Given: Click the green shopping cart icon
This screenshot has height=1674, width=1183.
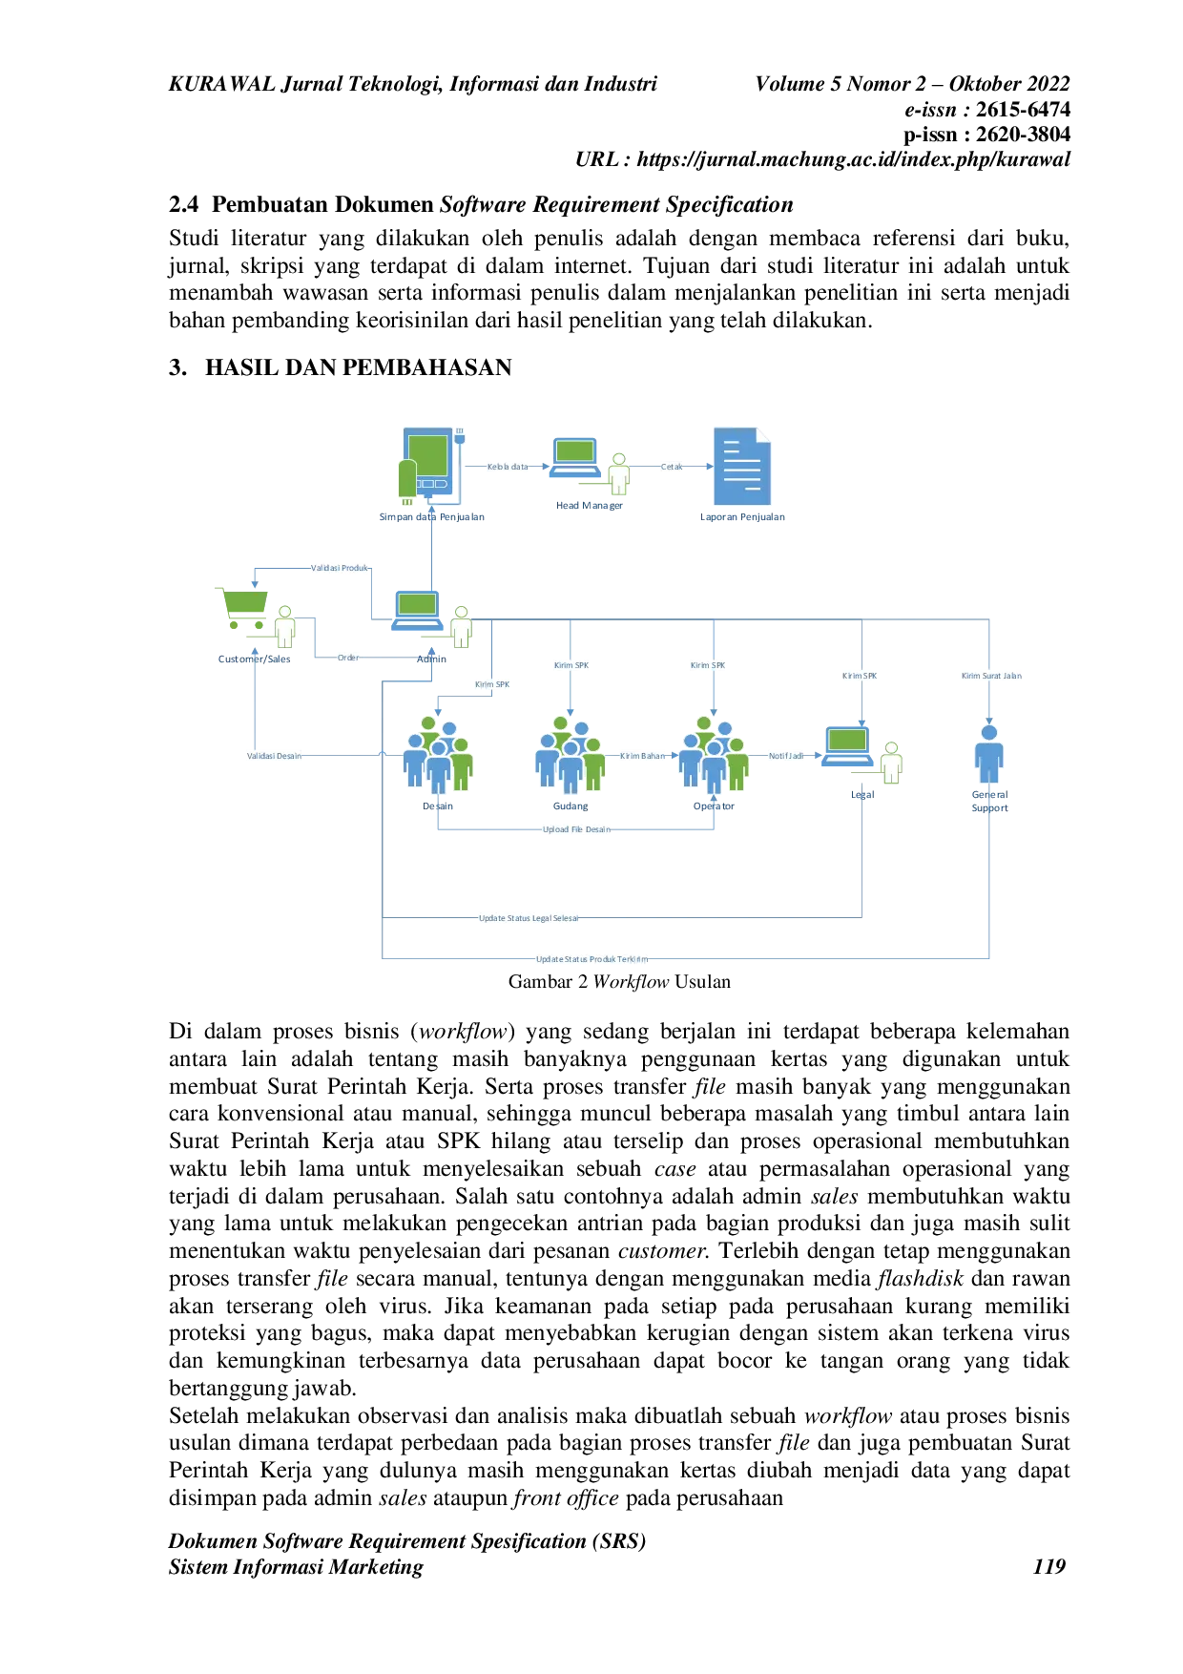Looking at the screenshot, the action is [x=244, y=609].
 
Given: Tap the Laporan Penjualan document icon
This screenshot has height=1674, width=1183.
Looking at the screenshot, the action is [x=742, y=466].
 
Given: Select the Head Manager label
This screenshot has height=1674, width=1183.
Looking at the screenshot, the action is [x=590, y=506].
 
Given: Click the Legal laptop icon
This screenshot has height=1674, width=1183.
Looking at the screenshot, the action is [x=847, y=746].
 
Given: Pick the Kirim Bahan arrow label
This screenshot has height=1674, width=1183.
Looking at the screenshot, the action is [x=643, y=756].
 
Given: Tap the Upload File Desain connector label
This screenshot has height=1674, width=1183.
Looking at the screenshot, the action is [x=576, y=829].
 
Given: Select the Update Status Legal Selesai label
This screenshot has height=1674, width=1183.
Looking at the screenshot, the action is [x=529, y=918].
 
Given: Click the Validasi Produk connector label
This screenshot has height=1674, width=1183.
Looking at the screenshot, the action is [x=340, y=568].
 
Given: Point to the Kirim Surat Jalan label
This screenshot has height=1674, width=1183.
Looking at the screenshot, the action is [x=991, y=676].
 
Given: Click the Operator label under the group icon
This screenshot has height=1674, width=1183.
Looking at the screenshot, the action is [x=714, y=806].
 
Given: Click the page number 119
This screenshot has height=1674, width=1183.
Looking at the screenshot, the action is [x=1049, y=1566].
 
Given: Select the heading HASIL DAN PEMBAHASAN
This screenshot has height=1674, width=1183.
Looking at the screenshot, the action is [x=359, y=367].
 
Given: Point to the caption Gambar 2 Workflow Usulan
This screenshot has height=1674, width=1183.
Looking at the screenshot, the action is [x=620, y=981].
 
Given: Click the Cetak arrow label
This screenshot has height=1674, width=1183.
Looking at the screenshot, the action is [x=672, y=467].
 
